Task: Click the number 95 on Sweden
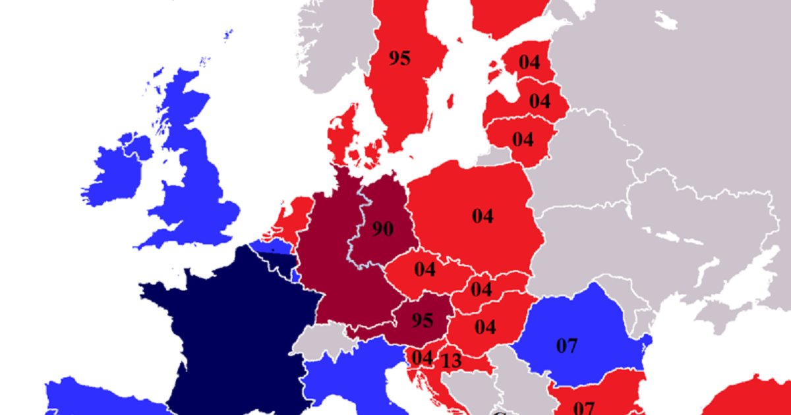point(399,59)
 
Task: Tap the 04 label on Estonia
point(529,63)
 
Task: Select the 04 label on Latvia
point(539,101)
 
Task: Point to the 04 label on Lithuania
point(523,140)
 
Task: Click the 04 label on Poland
point(483,216)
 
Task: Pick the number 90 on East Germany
point(382,229)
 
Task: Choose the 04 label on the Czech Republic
point(425,269)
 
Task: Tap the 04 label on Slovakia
point(481,289)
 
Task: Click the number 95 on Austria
point(422,321)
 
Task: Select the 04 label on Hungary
point(485,327)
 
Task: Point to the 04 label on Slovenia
point(422,358)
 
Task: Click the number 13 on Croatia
point(452,362)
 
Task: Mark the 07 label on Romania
point(567,346)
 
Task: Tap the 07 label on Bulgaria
point(584,407)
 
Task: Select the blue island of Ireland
point(115,175)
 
